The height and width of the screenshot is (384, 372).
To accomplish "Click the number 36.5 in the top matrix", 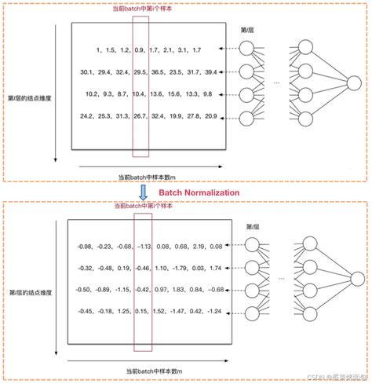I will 158,72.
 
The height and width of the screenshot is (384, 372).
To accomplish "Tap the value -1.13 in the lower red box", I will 144,247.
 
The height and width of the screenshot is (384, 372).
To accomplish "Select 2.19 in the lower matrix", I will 199,247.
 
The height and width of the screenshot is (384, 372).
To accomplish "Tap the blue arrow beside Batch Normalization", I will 144,190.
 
